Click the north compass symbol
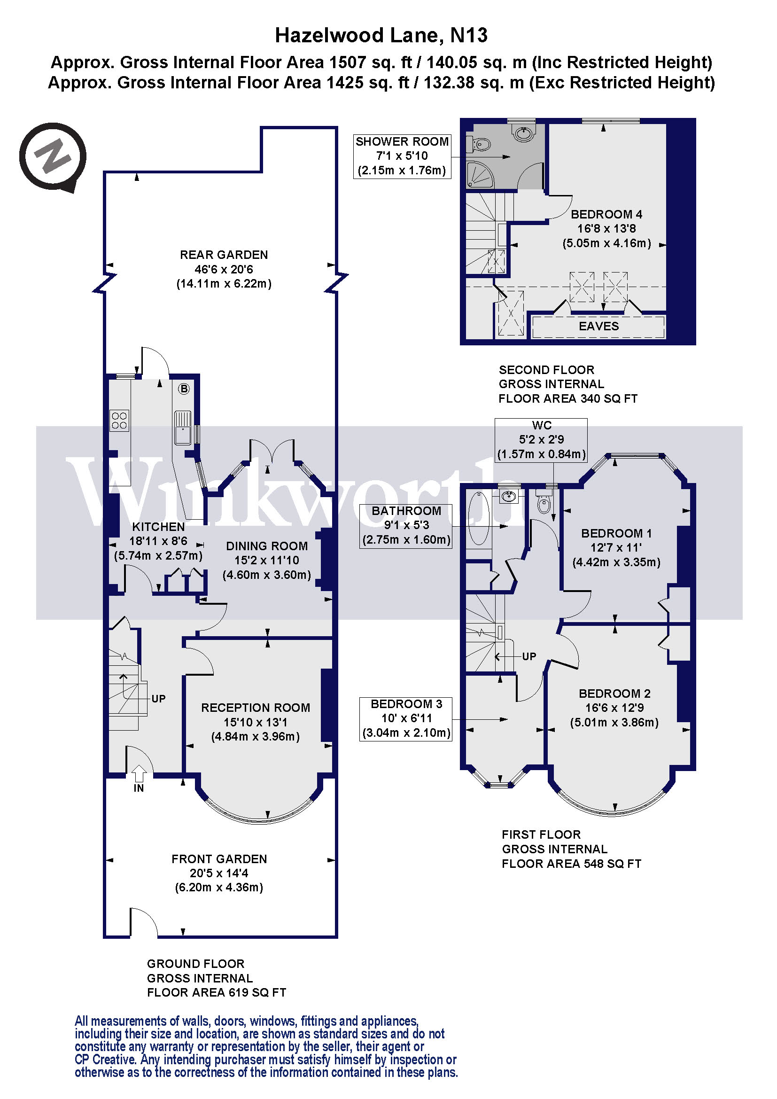tap(53, 156)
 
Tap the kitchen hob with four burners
tap(119, 420)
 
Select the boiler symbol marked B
tap(184, 389)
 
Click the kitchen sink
tap(183, 428)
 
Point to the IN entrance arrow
tap(139, 773)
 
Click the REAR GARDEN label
tap(224, 255)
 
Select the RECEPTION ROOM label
tap(255, 708)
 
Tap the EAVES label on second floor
tap(598, 327)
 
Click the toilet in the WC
tap(544, 503)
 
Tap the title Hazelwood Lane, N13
tap(381, 35)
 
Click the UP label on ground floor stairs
tap(158, 698)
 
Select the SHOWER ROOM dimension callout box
tap(402, 156)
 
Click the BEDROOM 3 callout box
tap(406, 718)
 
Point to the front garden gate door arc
tap(144, 921)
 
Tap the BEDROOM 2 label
tap(614, 693)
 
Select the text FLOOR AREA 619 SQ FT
tap(216, 992)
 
